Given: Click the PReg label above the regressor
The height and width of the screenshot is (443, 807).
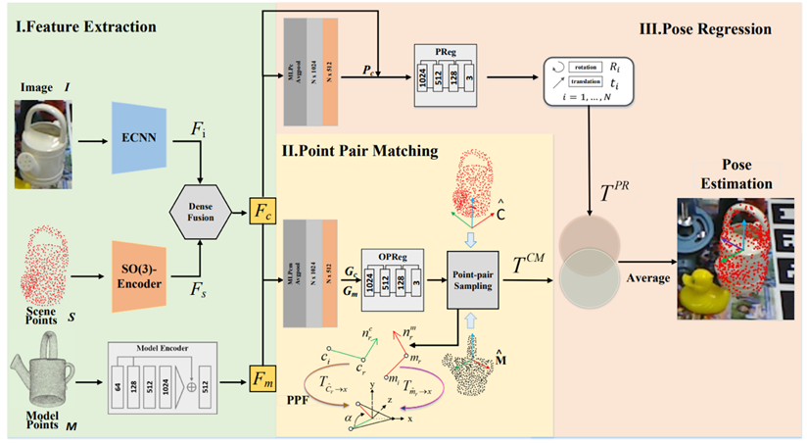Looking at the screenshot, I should pos(446,48).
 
